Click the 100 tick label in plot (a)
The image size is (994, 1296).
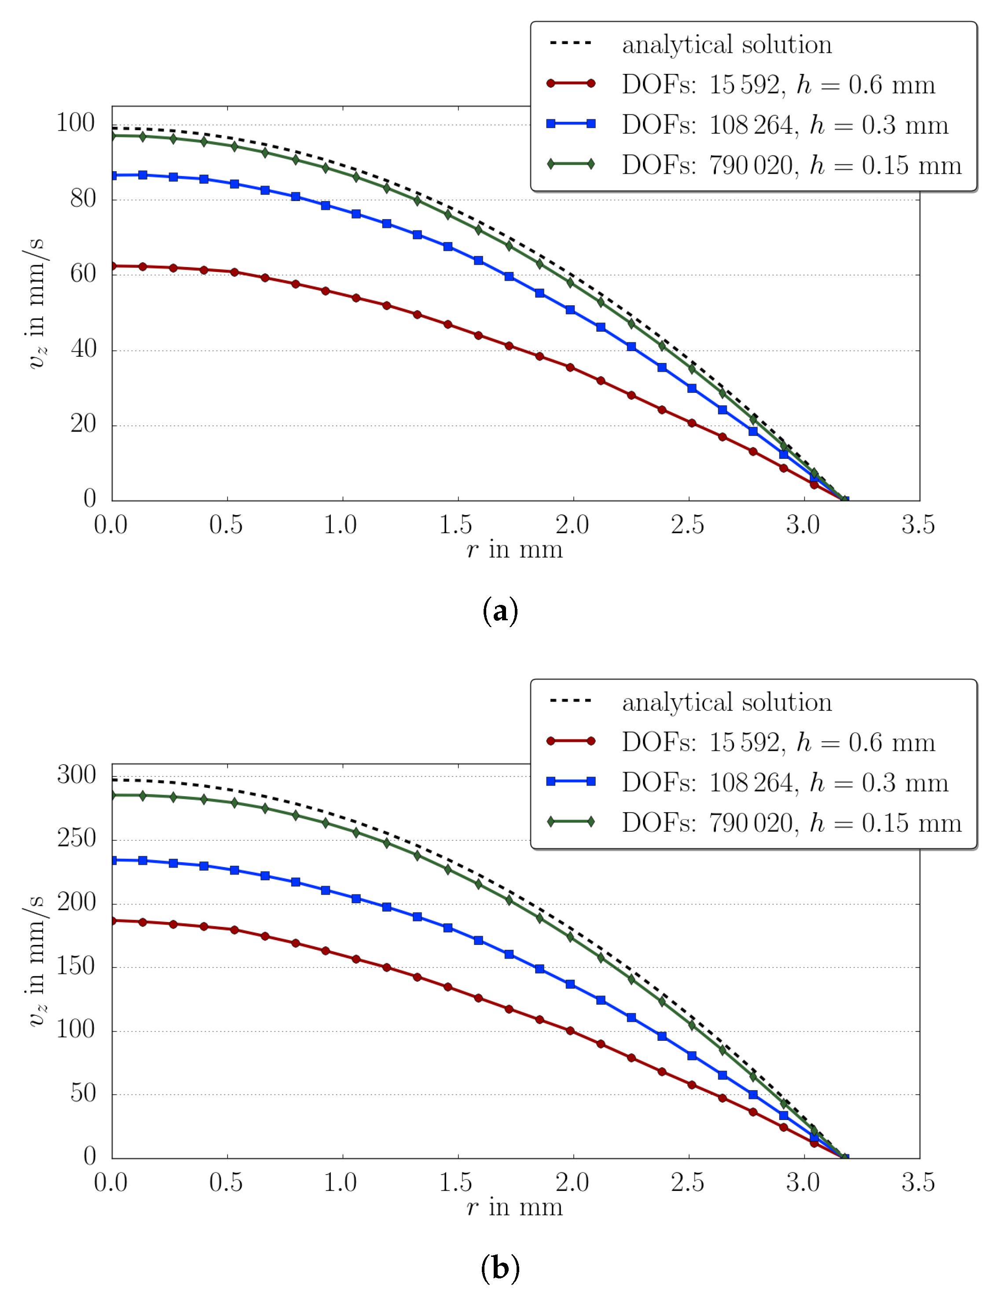(x=75, y=123)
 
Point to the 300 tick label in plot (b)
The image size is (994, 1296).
(x=76, y=775)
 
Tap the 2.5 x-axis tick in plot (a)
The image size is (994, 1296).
(x=687, y=525)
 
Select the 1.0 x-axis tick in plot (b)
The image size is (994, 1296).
(x=340, y=1183)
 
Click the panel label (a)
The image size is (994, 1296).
(x=500, y=611)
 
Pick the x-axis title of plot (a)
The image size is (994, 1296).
(x=514, y=550)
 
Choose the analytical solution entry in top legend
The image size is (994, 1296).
(x=726, y=45)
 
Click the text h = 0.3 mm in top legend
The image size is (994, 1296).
(x=879, y=125)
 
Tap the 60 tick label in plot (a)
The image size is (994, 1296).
(x=82, y=274)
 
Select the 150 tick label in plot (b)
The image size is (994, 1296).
(x=76, y=966)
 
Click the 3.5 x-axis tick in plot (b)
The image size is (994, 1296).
(x=918, y=1183)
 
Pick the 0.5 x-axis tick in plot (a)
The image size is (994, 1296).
(x=225, y=525)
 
